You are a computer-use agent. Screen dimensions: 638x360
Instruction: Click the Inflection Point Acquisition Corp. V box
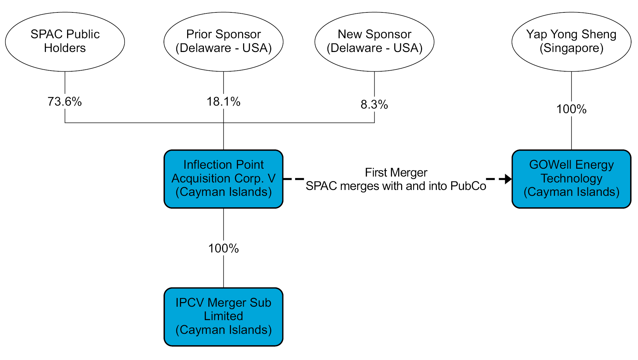pos(223,179)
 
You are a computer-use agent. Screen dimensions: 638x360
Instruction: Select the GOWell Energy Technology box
pos(571,179)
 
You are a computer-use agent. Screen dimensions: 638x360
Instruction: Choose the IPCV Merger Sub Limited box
pos(223,317)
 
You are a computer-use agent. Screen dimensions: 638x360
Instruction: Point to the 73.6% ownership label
pos(65,102)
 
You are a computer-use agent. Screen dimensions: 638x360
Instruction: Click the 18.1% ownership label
pos(223,102)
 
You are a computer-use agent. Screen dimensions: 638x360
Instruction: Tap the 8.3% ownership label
pos(374,105)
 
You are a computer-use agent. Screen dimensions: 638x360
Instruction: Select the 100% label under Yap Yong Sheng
pos(571,109)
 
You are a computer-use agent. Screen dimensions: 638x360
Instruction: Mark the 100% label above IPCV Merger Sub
pos(223,249)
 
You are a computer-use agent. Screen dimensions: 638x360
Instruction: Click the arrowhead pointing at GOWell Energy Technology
pos(508,179)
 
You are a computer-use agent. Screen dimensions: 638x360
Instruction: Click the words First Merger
pos(396,172)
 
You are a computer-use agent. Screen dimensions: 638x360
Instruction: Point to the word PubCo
pos(468,186)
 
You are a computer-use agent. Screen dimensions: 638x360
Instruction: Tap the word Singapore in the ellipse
pos(571,48)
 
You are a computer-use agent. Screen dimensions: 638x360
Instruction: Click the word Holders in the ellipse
pos(65,48)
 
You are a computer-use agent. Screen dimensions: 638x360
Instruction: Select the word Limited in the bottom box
pos(223,316)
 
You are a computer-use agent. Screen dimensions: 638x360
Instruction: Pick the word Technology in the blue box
pos(571,179)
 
